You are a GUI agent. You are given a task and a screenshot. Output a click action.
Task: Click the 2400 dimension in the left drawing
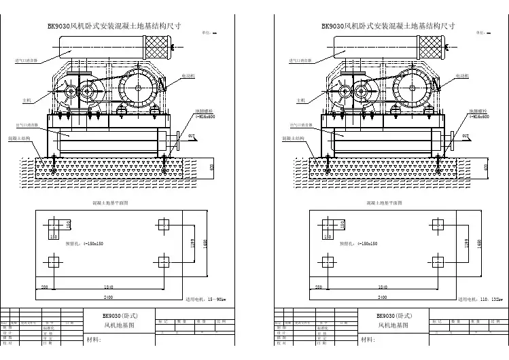[107, 298]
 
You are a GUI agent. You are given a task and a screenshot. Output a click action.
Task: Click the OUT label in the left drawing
[192, 137]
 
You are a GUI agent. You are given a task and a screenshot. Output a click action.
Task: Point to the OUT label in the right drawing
[466, 137]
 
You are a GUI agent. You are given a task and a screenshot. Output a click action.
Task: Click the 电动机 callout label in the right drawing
[462, 75]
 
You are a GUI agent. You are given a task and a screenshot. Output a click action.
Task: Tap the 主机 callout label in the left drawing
[27, 101]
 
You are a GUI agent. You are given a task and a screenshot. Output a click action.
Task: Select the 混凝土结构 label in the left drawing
[20, 138]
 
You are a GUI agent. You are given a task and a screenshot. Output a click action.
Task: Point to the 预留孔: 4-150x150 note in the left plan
[84, 242]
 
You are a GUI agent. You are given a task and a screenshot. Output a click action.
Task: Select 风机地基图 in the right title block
[393, 326]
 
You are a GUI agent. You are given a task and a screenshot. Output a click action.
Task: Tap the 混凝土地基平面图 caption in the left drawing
[110, 202]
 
